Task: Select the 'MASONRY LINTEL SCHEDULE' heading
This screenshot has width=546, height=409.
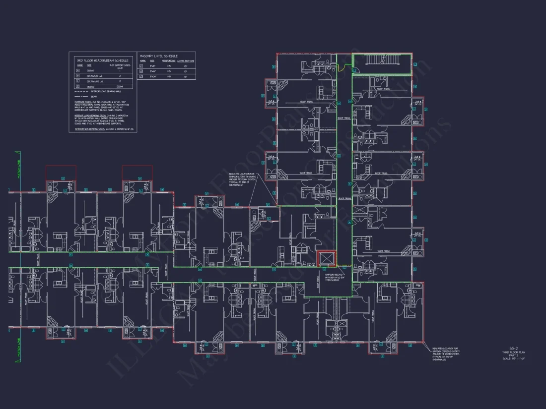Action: coord(159,56)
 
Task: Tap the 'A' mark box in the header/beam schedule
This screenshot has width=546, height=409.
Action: coord(77,70)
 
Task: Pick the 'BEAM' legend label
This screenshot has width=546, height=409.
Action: coord(94,96)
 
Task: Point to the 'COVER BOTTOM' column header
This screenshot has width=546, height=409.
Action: coord(186,61)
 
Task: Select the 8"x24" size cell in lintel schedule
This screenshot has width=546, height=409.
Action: coord(152,77)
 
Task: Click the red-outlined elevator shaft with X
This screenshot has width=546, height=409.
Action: coord(327,259)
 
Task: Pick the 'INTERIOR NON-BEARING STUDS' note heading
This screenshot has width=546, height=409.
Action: coord(89,129)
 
